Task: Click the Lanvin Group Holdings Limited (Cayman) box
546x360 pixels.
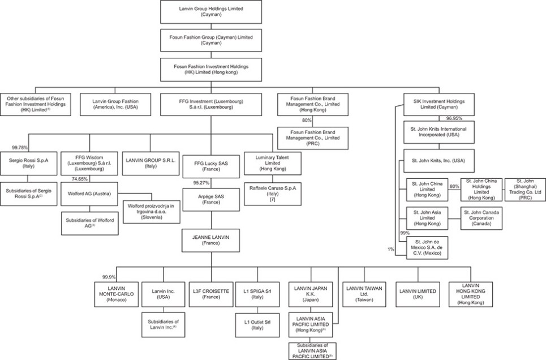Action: point(211,12)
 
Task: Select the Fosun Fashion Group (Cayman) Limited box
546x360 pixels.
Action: point(211,40)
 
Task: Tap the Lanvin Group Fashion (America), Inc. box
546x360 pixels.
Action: point(115,105)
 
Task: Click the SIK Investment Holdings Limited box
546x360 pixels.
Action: point(438,105)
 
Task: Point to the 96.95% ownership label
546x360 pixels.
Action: point(454,118)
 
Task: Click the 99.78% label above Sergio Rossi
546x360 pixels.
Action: point(20,148)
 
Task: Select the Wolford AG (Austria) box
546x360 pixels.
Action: point(89,194)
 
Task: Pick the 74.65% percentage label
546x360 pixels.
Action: point(80,179)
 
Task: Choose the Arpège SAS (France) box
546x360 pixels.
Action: point(211,200)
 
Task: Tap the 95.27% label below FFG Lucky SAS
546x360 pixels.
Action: point(201,183)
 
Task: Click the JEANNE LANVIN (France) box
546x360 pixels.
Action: point(211,241)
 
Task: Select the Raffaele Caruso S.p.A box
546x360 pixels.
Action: point(273,194)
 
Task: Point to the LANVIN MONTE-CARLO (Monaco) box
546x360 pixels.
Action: point(117,294)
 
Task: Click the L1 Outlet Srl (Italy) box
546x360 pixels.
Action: point(257,325)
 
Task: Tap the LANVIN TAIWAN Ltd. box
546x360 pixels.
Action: point(364,294)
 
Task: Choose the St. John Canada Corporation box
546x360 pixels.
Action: point(481,218)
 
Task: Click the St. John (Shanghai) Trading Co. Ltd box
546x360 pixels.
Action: point(525,190)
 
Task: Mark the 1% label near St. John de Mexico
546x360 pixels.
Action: point(391,249)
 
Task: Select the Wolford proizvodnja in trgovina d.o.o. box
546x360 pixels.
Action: point(152,212)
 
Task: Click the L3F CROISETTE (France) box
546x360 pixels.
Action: point(211,294)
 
